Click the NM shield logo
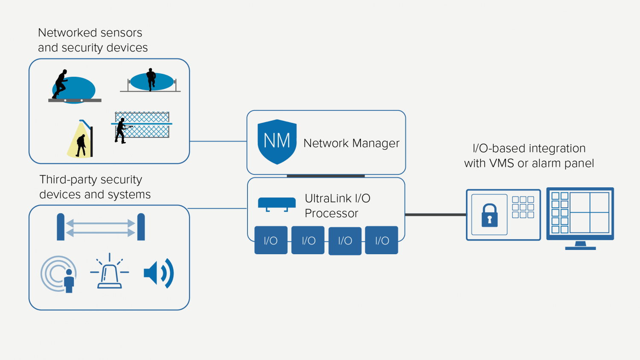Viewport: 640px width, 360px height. [277, 142]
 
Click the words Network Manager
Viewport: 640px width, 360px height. [351, 143]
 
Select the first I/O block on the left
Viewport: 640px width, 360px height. [271, 241]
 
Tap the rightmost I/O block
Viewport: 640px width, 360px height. [382, 241]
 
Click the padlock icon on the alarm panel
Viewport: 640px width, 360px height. [489, 215]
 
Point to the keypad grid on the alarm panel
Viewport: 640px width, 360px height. [523, 207]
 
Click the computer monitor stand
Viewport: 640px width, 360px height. [580, 246]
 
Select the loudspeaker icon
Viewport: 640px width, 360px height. [158, 273]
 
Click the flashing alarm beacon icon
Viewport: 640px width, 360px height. [110, 273]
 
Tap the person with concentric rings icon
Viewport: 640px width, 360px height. [60, 274]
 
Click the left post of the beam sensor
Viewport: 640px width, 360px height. [61, 227]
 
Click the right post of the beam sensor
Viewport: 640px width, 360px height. [141, 227]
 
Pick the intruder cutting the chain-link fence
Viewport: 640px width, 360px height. [121, 131]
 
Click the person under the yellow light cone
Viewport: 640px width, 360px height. [81, 145]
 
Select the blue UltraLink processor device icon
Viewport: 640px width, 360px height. [276, 203]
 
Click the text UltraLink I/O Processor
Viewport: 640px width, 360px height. [337, 206]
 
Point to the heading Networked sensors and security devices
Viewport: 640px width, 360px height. [93, 40]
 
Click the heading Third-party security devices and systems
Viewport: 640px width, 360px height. [95, 187]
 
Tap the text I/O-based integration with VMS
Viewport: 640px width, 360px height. [529, 156]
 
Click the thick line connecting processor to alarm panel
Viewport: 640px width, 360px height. [435, 215]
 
